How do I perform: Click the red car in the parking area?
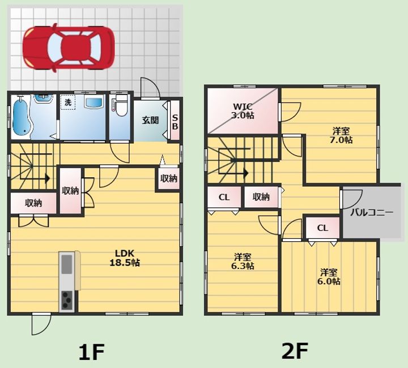69,48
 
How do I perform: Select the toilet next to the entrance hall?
121,105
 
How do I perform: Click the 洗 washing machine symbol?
68,102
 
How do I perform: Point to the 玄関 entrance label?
150,121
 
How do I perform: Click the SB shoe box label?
175,122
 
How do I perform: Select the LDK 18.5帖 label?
125,258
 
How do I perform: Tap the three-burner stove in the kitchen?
67,300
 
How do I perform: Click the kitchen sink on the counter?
67,264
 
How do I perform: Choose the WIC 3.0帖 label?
243,111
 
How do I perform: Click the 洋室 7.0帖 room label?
341,135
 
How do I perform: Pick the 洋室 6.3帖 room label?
243,262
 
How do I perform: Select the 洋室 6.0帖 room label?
329,277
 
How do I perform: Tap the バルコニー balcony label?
372,212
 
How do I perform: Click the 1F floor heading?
92,352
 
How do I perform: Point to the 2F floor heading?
295,351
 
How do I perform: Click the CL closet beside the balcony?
322,228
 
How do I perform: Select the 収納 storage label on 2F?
261,197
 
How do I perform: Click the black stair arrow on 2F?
233,173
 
